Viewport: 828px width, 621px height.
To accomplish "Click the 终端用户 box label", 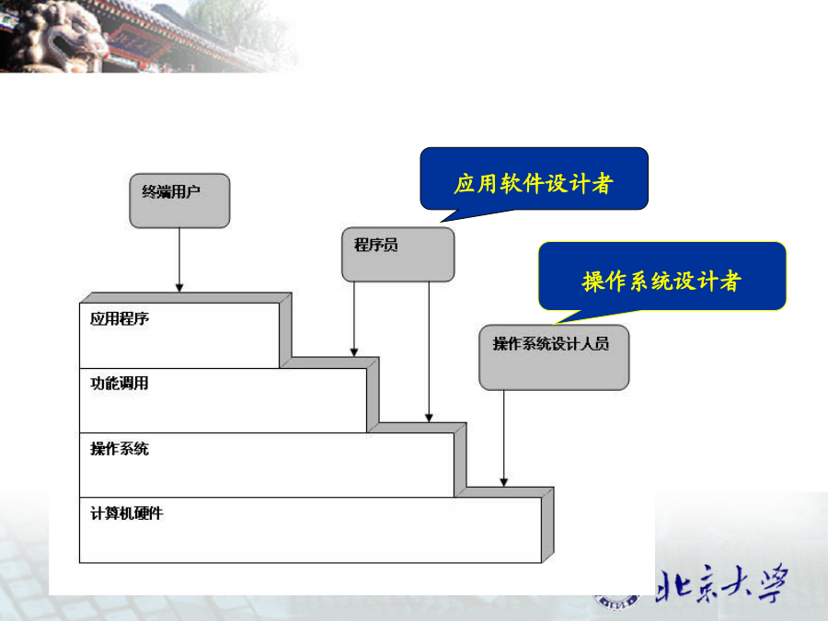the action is pos(171,191).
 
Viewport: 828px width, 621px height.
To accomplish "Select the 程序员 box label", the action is pos(375,245).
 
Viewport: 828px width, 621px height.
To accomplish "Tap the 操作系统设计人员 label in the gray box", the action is pos(551,344).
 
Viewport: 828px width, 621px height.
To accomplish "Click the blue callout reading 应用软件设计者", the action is pos(534,178).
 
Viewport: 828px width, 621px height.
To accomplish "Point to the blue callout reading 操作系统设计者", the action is pos(662,276).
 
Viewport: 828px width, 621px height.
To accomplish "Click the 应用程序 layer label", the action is pos(120,318).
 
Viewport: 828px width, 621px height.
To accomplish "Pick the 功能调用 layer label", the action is pos(120,384).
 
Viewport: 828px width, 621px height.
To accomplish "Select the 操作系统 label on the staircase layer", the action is pos(120,449).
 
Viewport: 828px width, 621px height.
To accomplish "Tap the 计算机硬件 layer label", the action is pos(127,513).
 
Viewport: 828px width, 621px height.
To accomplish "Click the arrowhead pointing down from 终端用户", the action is pos(179,288).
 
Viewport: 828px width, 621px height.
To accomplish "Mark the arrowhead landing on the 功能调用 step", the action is pos(354,352).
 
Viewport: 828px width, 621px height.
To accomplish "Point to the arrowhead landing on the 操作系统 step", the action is pos(430,418).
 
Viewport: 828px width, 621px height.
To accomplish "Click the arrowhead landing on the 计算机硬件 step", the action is pos(504,482).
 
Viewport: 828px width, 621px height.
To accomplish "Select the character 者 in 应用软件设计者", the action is pos(603,184).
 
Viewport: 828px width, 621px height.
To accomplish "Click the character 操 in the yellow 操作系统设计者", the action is pos(593,281).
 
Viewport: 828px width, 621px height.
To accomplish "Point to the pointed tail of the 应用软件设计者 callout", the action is pos(442,222).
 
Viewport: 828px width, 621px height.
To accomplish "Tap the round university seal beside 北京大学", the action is pos(616,600).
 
